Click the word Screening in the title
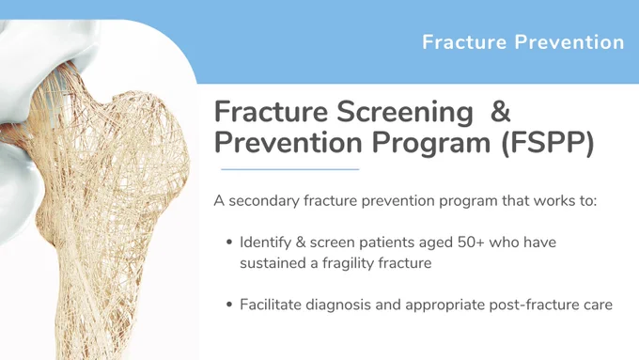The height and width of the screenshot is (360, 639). click(405, 113)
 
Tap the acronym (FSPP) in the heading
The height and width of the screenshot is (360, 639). click(548, 144)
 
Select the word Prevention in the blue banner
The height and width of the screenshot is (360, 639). click(569, 42)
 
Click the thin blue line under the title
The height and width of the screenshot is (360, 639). click(289, 169)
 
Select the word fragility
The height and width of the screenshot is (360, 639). click(348, 263)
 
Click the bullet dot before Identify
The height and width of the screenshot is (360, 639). click(229, 243)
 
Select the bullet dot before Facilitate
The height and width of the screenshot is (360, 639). click(229, 305)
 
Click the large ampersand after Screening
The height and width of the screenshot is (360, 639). click(501, 111)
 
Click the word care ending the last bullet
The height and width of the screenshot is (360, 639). click(600, 305)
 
